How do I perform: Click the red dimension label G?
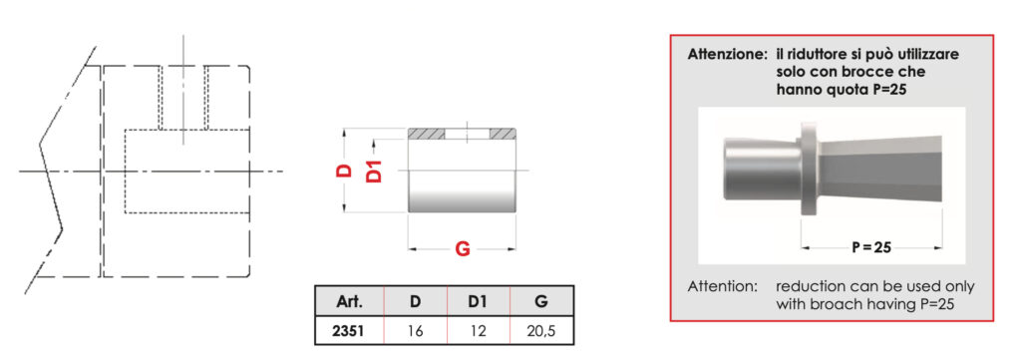click(462, 248)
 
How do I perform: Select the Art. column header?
click(350, 302)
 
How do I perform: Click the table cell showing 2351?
click(350, 331)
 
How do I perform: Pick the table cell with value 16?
click(416, 331)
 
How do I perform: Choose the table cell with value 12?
click(478, 331)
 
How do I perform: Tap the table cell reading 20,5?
click(541, 331)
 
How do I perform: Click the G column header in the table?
click(541, 302)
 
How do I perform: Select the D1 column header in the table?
click(478, 302)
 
